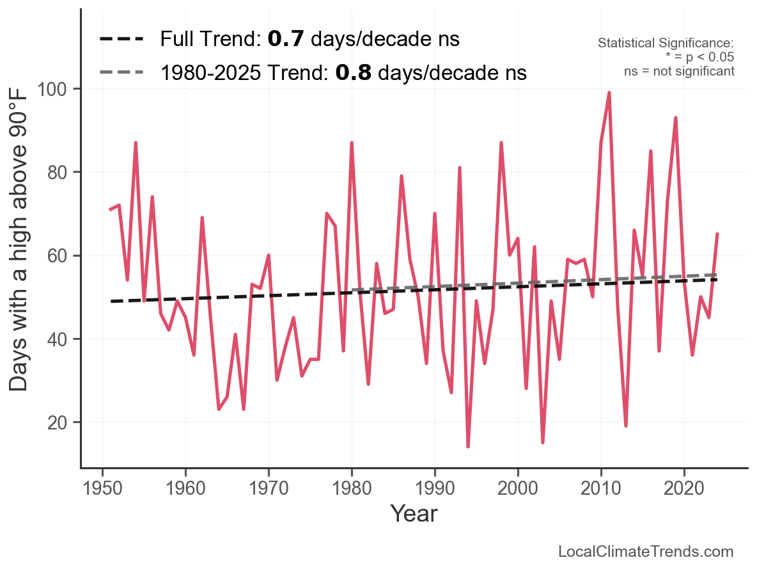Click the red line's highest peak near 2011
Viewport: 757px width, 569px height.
609,93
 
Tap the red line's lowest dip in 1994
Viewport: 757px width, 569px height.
468,447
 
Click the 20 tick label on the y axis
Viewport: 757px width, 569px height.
58,422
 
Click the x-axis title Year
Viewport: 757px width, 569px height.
414,513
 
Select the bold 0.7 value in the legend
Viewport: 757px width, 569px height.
281,39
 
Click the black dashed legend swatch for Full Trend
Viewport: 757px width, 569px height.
121,40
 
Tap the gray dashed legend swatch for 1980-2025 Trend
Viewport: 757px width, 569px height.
121,73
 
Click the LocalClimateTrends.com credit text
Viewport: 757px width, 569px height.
646,552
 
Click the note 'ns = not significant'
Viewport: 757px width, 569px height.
679,71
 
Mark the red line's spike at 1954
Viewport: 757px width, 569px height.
136,143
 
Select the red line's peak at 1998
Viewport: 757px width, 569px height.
501,143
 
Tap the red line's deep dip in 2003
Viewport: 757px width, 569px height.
543,442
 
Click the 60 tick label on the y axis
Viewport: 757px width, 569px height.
58,255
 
